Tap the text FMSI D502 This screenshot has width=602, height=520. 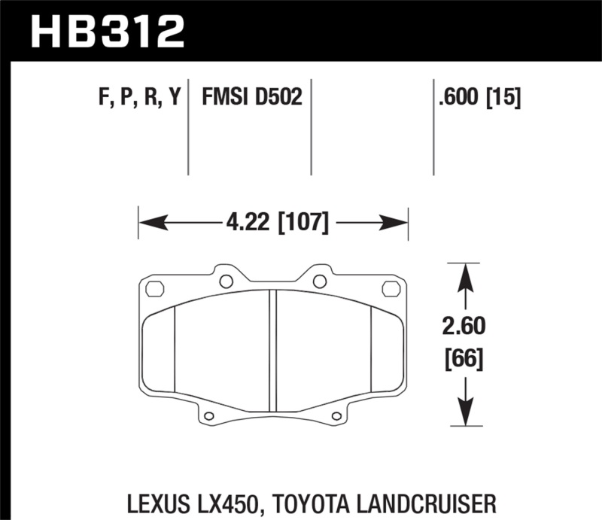pos(251,98)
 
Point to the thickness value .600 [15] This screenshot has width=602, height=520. pos(476,98)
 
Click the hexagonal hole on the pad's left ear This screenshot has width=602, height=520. pos(155,288)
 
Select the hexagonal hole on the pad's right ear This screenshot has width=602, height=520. pos(391,288)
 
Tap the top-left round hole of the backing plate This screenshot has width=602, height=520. pos(225,282)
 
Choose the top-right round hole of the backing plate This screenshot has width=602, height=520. pos(320,282)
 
